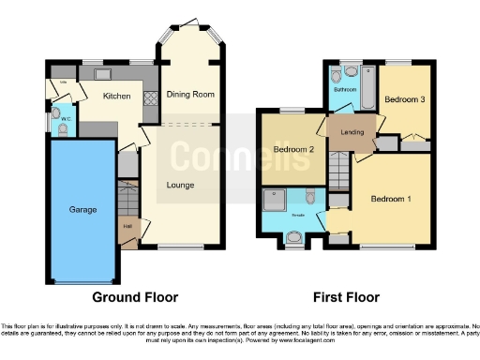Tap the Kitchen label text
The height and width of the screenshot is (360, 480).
pos(116,97)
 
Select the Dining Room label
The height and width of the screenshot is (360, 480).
pos(190,95)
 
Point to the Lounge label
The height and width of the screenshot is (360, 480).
pos(180,185)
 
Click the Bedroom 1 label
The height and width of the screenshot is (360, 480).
pos(391,199)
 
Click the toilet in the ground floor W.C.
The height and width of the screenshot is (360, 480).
pos(62,131)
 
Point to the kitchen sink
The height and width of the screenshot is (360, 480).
pos(102,73)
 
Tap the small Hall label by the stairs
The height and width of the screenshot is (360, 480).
pos(126,226)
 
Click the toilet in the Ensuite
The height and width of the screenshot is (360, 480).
pos(309,196)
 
